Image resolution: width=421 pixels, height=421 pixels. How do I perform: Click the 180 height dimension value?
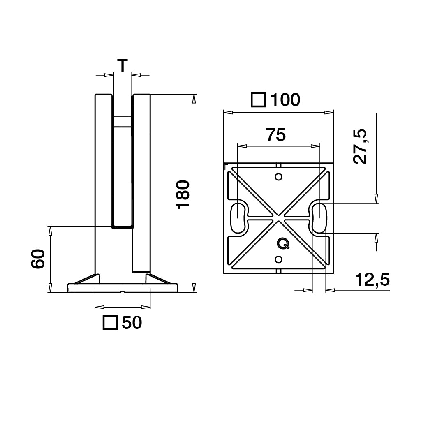pyautogui.click(x=183, y=194)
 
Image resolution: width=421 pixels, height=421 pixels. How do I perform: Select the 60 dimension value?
pyautogui.click(x=38, y=259)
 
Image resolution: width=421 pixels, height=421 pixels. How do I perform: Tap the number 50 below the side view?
pyautogui.click(x=132, y=323)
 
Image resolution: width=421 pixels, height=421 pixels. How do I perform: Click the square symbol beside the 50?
pyautogui.click(x=110, y=323)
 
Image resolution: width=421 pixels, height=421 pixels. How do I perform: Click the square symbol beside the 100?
pyautogui.click(x=258, y=99)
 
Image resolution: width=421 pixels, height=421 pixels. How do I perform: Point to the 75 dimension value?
pyautogui.click(x=275, y=135)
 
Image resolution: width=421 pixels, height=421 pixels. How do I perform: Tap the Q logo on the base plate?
pyautogui.click(x=283, y=244)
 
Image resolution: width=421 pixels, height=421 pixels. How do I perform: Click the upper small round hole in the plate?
pyautogui.click(x=278, y=177)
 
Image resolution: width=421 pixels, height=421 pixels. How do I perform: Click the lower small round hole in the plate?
pyautogui.click(x=278, y=259)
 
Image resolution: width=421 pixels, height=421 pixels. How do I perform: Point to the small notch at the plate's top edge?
pyautogui.click(x=278, y=165)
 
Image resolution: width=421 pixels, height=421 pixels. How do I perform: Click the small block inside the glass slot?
pyautogui.click(x=123, y=121)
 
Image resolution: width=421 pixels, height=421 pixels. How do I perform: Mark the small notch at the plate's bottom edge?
pyautogui.click(x=278, y=271)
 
